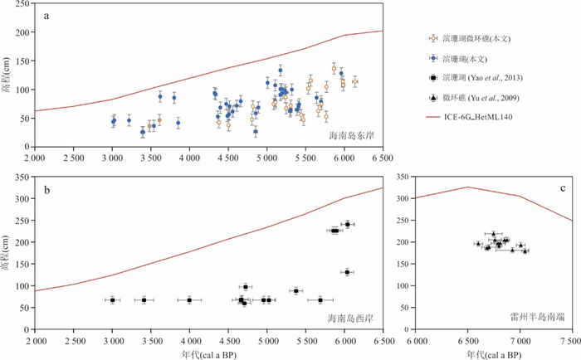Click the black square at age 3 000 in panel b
[112, 299]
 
